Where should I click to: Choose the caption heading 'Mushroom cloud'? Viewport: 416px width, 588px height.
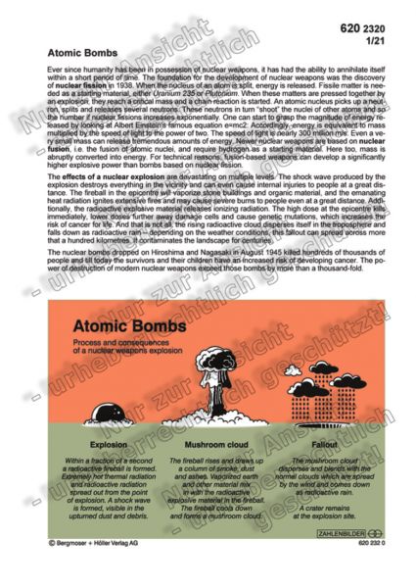209,444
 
